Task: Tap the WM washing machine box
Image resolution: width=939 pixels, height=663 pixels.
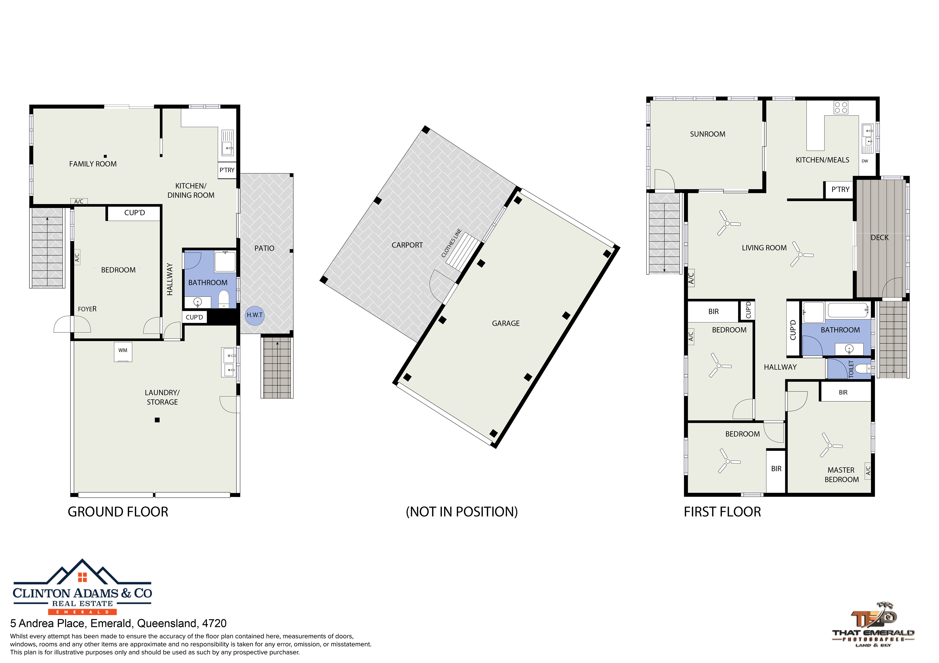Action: point(123,352)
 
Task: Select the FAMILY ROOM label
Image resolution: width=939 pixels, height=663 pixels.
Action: point(93,164)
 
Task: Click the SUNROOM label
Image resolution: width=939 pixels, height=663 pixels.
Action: point(708,134)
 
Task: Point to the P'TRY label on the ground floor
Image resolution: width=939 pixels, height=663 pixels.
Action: point(227,170)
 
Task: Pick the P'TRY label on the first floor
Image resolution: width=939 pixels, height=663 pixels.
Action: point(840,189)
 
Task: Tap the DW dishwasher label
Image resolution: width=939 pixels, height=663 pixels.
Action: point(865,161)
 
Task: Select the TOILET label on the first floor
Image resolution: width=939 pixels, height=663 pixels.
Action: point(851,369)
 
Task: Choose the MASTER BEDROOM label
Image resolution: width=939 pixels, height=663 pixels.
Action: point(841,475)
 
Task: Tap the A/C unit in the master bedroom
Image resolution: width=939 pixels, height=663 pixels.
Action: point(868,470)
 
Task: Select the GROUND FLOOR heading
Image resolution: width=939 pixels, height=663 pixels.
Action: point(118,512)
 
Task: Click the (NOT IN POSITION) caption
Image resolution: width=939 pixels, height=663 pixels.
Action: point(462,512)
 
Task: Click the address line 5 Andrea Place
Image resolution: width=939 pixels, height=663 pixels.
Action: point(118,623)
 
